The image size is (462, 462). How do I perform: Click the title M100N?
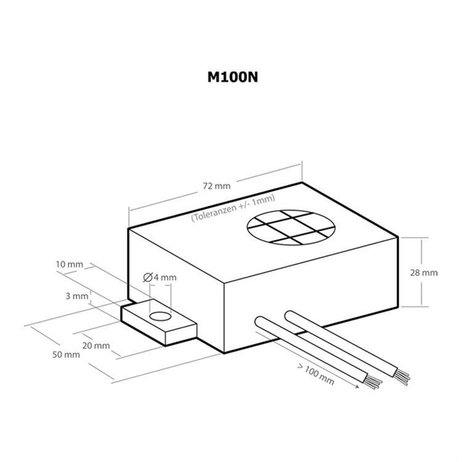[x=233, y=77]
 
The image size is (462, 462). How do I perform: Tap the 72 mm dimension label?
[x=217, y=186]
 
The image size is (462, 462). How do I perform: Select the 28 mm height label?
[x=424, y=273]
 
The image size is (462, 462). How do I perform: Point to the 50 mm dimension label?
[x=66, y=354]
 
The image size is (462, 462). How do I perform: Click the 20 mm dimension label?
[x=95, y=346]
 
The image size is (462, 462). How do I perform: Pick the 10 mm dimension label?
[x=69, y=264]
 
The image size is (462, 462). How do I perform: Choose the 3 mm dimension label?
[x=76, y=296]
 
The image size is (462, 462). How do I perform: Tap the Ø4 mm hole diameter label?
[x=160, y=277]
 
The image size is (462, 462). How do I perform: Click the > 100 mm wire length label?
[x=315, y=375]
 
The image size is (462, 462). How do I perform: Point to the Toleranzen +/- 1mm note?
[x=233, y=208]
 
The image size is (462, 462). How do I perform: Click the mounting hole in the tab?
[x=160, y=317]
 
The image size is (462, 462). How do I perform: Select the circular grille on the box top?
[x=291, y=227]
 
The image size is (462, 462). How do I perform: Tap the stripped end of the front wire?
[x=373, y=382]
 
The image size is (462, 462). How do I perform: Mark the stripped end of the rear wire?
[x=401, y=378]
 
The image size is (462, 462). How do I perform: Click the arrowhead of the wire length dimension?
[x=357, y=386]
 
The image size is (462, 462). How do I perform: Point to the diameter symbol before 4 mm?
[x=148, y=277]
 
